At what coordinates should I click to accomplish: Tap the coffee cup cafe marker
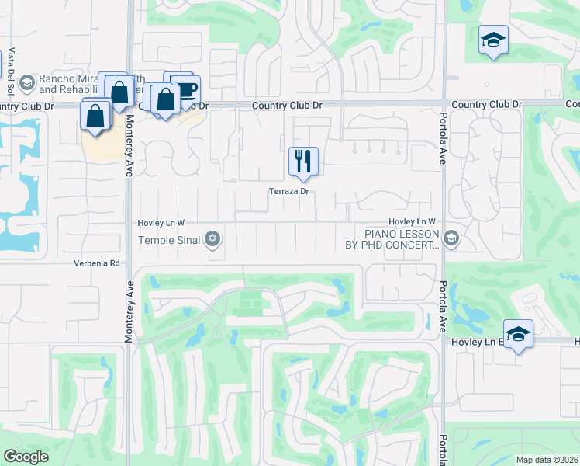click(186, 89)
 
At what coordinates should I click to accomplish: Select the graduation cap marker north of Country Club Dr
click(493, 40)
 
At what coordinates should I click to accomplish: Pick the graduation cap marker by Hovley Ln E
click(518, 334)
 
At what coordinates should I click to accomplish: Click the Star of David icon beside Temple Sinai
click(212, 239)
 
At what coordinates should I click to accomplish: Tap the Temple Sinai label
click(170, 240)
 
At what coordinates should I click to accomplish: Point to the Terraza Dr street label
click(289, 191)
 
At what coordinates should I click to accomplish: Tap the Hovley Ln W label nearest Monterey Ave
click(161, 223)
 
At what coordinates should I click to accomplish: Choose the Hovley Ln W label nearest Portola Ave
click(413, 222)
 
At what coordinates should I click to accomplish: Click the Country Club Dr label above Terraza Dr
click(286, 105)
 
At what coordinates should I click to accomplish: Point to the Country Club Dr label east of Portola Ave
click(487, 104)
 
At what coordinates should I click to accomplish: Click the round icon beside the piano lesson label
click(452, 238)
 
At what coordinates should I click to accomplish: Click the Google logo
click(26, 457)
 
